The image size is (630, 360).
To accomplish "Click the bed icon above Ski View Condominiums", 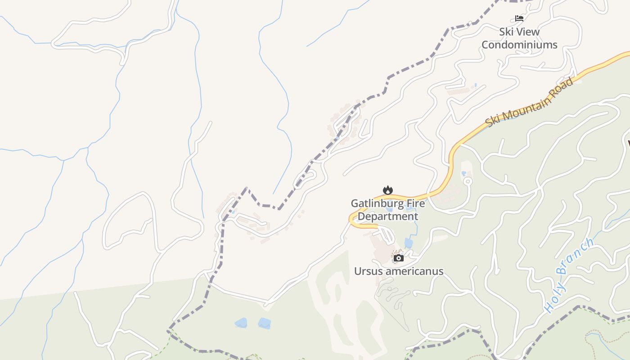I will click(519, 18).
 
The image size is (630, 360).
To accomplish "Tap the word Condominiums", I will click(519, 45).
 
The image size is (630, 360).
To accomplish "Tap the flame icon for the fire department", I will click(387, 190).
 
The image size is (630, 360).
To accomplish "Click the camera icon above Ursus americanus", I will click(398, 258).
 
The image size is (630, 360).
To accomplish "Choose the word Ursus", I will click(368, 271).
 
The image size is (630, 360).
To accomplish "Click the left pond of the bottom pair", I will click(241, 323).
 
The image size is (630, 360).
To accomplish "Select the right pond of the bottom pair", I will click(264, 323).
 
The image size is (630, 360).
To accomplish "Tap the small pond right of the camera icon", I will click(409, 243).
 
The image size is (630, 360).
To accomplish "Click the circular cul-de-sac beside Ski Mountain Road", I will click(468, 181).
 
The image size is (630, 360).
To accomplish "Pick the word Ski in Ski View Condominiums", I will click(507, 31).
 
